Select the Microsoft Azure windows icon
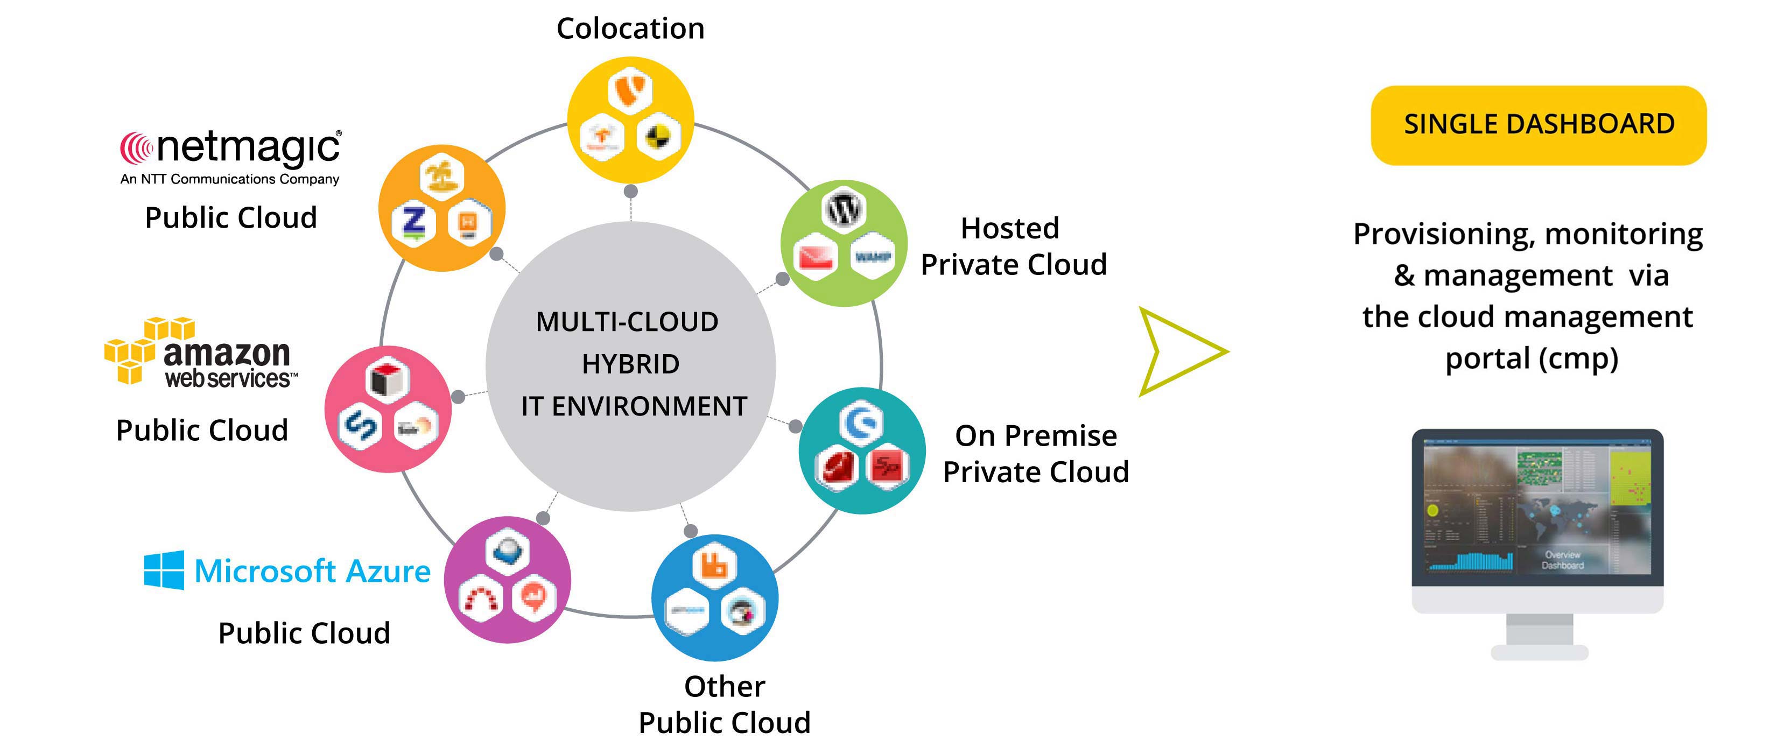pyautogui.click(x=164, y=570)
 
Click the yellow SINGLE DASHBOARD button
pyautogui.click(x=1538, y=125)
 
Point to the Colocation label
pyautogui.click(x=630, y=29)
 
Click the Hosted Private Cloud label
pyautogui.click(x=1013, y=246)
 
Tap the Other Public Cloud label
pyautogui.click(x=725, y=704)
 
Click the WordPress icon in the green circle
pyautogui.click(x=844, y=209)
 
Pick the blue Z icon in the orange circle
pyautogui.click(x=413, y=223)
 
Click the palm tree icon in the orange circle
pyautogui.click(x=443, y=176)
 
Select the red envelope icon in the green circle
pyautogui.click(x=816, y=258)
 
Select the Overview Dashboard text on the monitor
pyautogui.click(x=1562, y=559)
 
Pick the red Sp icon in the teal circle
pyautogui.click(x=887, y=469)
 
